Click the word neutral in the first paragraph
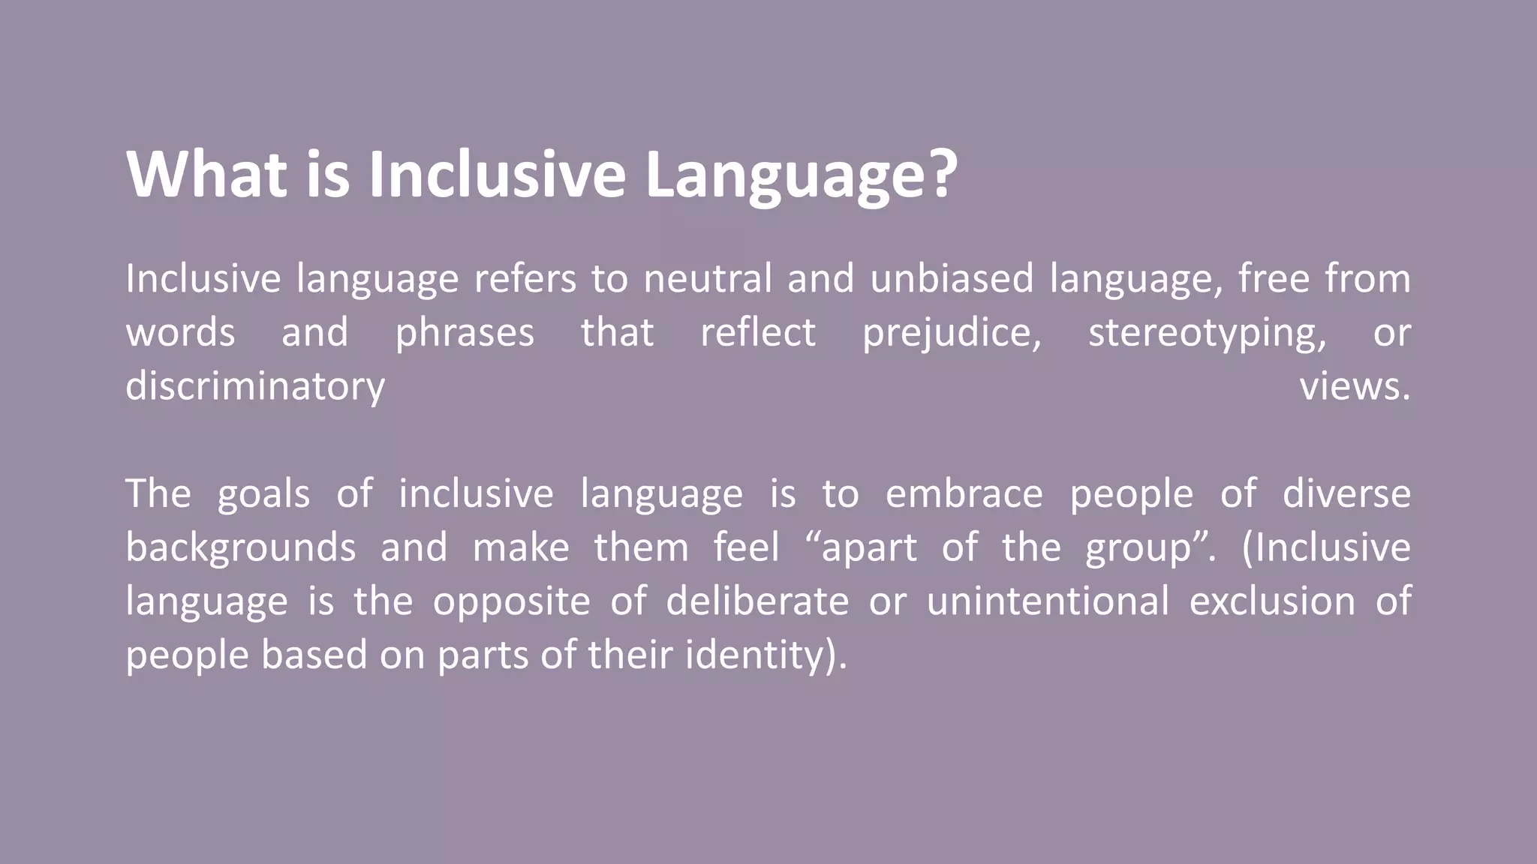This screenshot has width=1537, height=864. coord(707,278)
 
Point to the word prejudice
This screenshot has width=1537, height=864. coord(952,334)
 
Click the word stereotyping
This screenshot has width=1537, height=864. coord(1207,334)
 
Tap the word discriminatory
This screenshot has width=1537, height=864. coord(255,387)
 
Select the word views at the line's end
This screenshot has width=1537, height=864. coord(1354,387)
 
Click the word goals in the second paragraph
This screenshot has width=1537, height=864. coord(263,495)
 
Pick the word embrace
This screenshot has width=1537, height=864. coord(964,494)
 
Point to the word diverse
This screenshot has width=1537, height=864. coord(1346,494)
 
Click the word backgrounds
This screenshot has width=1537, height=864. coord(240,548)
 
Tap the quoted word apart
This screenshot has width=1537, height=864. coord(869,548)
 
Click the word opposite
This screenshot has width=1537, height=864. coord(511,602)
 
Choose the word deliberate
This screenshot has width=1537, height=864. coord(757,601)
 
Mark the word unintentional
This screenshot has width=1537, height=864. coord(1048,601)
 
